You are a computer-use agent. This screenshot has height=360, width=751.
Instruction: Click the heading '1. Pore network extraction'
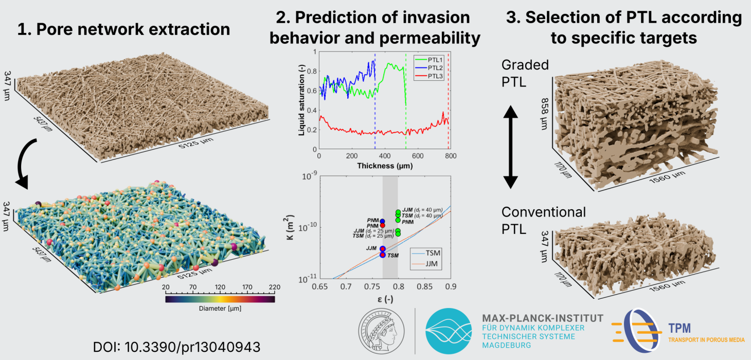pyautogui.click(x=123, y=29)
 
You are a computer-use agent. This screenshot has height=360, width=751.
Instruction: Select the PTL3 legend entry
pyautogui.click(x=430, y=77)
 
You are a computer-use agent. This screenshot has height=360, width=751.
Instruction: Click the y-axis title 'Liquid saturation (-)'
pyautogui.click(x=301, y=101)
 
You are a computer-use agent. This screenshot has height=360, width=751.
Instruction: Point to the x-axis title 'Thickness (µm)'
pyautogui.click(x=384, y=166)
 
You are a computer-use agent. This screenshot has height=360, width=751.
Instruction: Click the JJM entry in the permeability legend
pyautogui.click(x=430, y=264)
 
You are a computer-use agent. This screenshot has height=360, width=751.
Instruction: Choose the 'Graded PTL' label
pyautogui.click(x=525, y=74)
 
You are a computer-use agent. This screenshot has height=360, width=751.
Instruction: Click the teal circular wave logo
pyautogui.click(x=449, y=331)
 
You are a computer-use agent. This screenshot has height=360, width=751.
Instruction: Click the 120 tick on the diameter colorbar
pyautogui.click(x=220, y=287)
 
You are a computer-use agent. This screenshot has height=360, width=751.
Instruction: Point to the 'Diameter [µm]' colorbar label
pyautogui.click(x=220, y=309)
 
